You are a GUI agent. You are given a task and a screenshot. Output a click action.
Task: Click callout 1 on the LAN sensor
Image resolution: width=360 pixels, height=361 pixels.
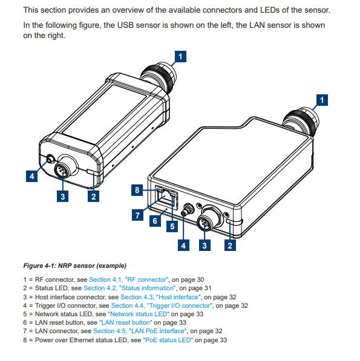point(324,99)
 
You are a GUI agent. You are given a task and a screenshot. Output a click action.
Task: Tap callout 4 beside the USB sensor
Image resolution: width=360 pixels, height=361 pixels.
point(31,177)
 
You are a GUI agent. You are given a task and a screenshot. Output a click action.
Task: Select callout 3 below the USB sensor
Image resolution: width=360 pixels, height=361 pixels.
point(62,196)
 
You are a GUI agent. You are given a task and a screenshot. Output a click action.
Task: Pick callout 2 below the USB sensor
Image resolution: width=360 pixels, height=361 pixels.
point(93,196)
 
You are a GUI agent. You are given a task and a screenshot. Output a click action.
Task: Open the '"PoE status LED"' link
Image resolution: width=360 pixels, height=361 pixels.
point(168,340)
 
